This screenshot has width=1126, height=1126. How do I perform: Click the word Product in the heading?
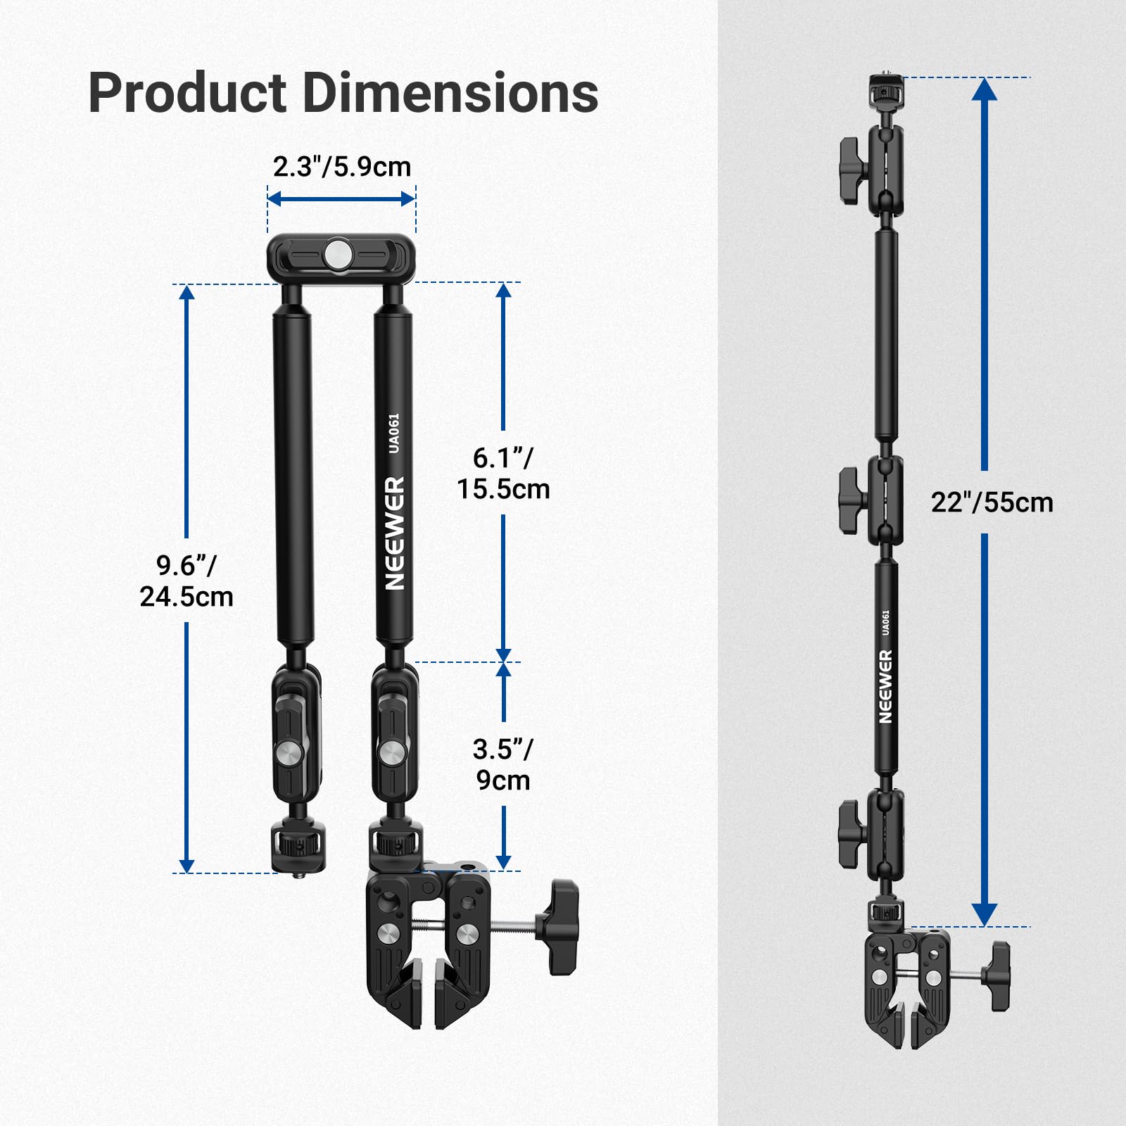(187, 94)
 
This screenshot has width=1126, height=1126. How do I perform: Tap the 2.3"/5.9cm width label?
(341, 167)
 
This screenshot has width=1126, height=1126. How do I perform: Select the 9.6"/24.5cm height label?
(186, 581)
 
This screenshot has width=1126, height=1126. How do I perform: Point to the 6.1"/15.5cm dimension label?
(503, 473)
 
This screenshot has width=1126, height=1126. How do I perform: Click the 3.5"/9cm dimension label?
(503, 764)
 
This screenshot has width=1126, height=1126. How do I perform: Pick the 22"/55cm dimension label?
(992, 502)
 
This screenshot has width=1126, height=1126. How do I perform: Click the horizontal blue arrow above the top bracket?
(341, 199)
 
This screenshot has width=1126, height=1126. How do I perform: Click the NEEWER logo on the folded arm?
(395, 533)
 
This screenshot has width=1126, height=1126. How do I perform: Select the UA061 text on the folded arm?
(394, 433)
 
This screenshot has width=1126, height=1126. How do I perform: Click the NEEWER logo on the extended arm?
(885, 686)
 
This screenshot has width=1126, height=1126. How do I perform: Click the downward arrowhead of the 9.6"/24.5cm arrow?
(186, 864)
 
